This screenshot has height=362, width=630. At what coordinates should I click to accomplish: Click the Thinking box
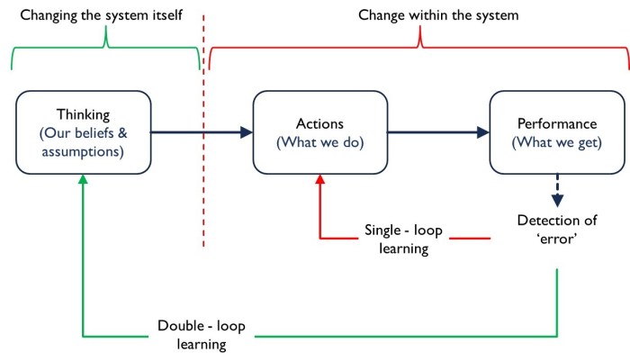click(x=82, y=132)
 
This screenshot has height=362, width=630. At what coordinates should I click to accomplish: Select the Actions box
click(x=319, y=132)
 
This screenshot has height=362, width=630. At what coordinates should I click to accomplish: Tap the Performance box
click(x=557, y=132)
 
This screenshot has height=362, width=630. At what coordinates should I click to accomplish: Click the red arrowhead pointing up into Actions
click(x=319, y=181)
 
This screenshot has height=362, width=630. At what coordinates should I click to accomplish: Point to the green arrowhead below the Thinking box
click(x=83, y=181)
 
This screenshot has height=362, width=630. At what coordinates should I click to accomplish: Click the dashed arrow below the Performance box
click(x=558, y=190)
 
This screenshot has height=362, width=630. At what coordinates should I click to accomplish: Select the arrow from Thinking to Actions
click(x=200, y=133)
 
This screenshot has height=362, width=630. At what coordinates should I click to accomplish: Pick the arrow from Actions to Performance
click(x=437, y=133)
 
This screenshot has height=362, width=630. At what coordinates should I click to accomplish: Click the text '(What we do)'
click(x=319, y=142)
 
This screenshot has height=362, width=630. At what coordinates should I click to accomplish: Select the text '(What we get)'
click(x=557, y=142)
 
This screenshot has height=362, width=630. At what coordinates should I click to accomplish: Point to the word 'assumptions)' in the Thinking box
click(x=82, y=151)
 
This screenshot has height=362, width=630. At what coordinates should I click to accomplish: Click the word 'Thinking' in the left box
click(x=82, y=114)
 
